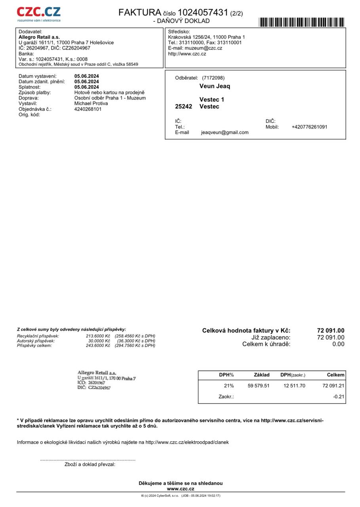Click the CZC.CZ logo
pos(39,14)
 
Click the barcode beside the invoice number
pos(301,22)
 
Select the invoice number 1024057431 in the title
pos(203,13)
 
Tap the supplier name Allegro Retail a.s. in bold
pos(39,37)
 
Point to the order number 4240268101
pos(88,109)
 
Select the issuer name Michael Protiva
pos(91,103)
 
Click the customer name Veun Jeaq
pos(215,86)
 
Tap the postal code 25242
pos(183,107)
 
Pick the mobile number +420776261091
pos(309,127)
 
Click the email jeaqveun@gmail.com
pos(225,133)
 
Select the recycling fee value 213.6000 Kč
pos(98,336)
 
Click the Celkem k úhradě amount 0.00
pos(338,344)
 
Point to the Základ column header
pos(261,375)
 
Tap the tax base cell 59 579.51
pos(258,385)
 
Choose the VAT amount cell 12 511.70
pos(294,385)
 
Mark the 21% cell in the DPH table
pos(229,385)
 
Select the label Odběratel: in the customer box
pos(186,78)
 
